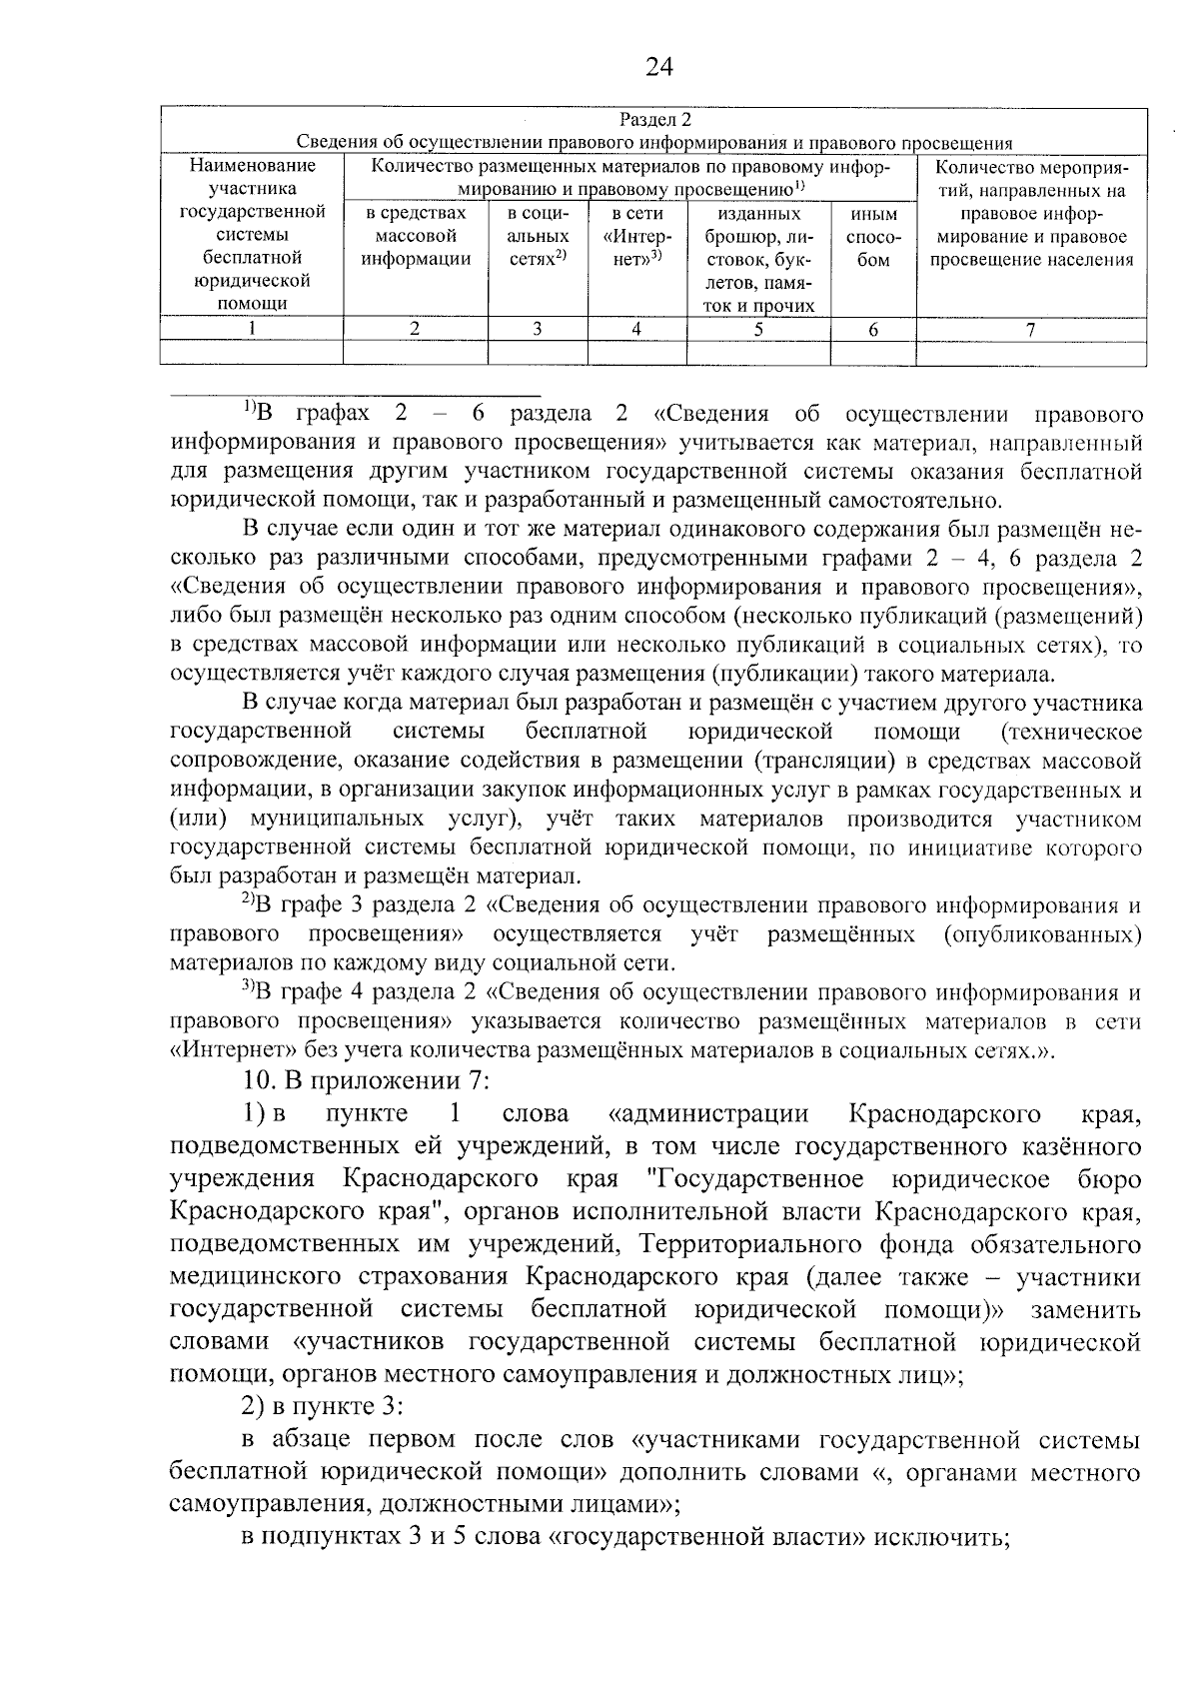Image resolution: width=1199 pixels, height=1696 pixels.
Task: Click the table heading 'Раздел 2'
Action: click(654, 121)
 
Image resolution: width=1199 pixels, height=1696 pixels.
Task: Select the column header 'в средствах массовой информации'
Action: click(416, 238)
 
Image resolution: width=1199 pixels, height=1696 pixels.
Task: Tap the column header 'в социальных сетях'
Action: click(538, 238)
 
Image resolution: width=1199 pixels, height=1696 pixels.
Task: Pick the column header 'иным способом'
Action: click(873, 238)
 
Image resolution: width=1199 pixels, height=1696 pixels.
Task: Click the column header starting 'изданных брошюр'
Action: click(758, 260)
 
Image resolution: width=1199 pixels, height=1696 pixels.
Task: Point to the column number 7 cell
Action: click(1030, 329)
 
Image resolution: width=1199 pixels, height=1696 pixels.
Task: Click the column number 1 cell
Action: click(252, 329)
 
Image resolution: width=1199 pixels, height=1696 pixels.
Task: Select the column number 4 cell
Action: click(636, 329)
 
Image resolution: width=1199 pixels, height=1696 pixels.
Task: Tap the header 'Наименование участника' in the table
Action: click(252, 177)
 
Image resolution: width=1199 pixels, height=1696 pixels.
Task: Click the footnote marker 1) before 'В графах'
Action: click(250, 408)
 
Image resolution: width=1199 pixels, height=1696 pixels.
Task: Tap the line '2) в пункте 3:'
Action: click(322, 1407)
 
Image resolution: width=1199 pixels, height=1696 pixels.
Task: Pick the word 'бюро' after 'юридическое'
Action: click(1110, 1180)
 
